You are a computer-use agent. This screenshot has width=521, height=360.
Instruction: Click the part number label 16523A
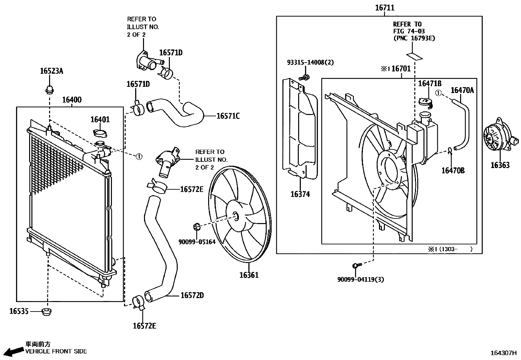pos(51,71)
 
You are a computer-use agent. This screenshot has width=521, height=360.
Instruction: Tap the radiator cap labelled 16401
pos(99,133)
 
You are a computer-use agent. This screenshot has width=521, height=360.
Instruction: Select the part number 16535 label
pos(19,311)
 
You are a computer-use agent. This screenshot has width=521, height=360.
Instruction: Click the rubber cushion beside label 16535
pos(47,312)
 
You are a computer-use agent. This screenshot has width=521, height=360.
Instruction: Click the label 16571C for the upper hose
pos(228,116)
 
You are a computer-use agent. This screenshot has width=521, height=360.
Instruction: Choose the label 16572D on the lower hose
pos(192,295)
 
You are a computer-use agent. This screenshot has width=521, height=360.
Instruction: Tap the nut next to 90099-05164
pos(197,226)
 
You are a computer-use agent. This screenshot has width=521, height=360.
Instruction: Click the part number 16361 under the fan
pos(249,275)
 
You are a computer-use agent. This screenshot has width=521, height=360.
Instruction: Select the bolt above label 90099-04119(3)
pos(356,266)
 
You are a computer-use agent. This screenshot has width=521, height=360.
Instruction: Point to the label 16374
pos(300,194)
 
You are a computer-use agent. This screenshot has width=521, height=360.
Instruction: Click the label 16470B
pos(453,170)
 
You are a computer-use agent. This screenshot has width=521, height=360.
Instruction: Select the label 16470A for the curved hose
pos(462,90)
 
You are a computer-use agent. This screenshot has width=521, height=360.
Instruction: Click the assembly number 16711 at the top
pos(385,8)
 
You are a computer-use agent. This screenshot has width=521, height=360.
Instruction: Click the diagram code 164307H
pos(503,353)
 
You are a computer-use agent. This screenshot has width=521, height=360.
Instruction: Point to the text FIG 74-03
pos(408,31)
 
